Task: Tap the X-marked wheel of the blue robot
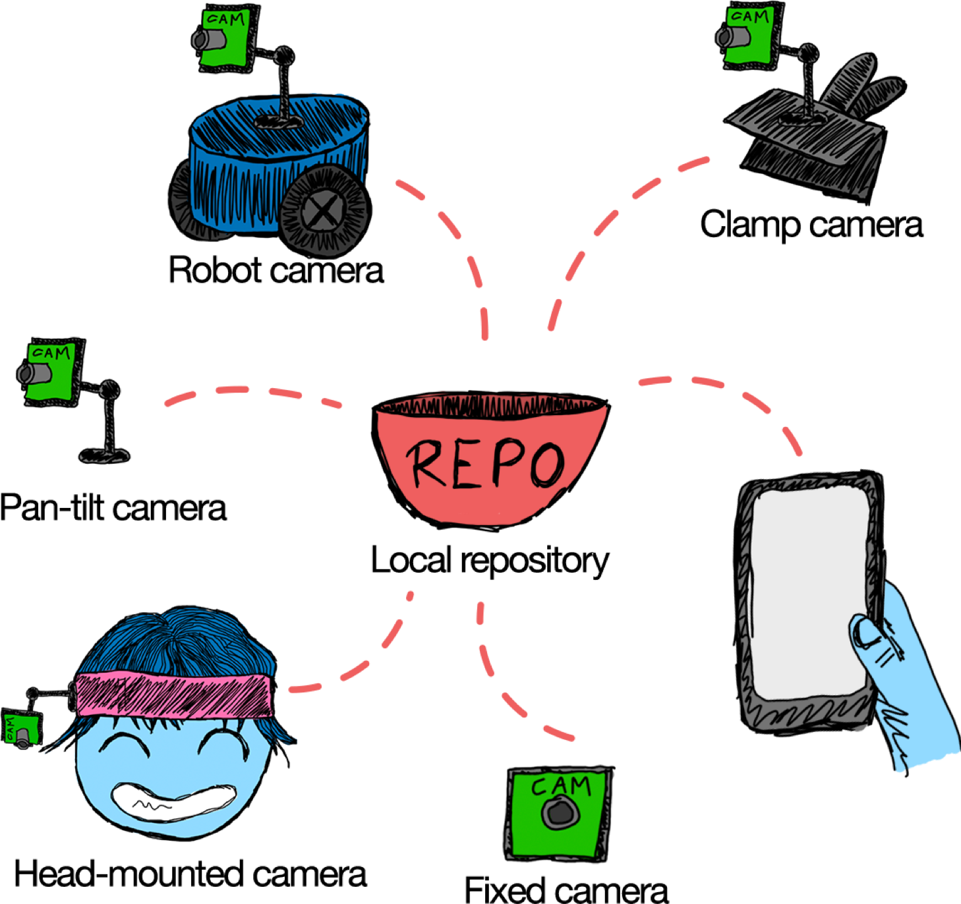point(322,211)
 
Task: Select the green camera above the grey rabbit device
point(749,36)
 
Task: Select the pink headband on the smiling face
point(174,696)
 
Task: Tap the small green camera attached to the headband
point(21,729)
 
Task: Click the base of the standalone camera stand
point(104,455)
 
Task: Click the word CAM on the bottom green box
point(561,785)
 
